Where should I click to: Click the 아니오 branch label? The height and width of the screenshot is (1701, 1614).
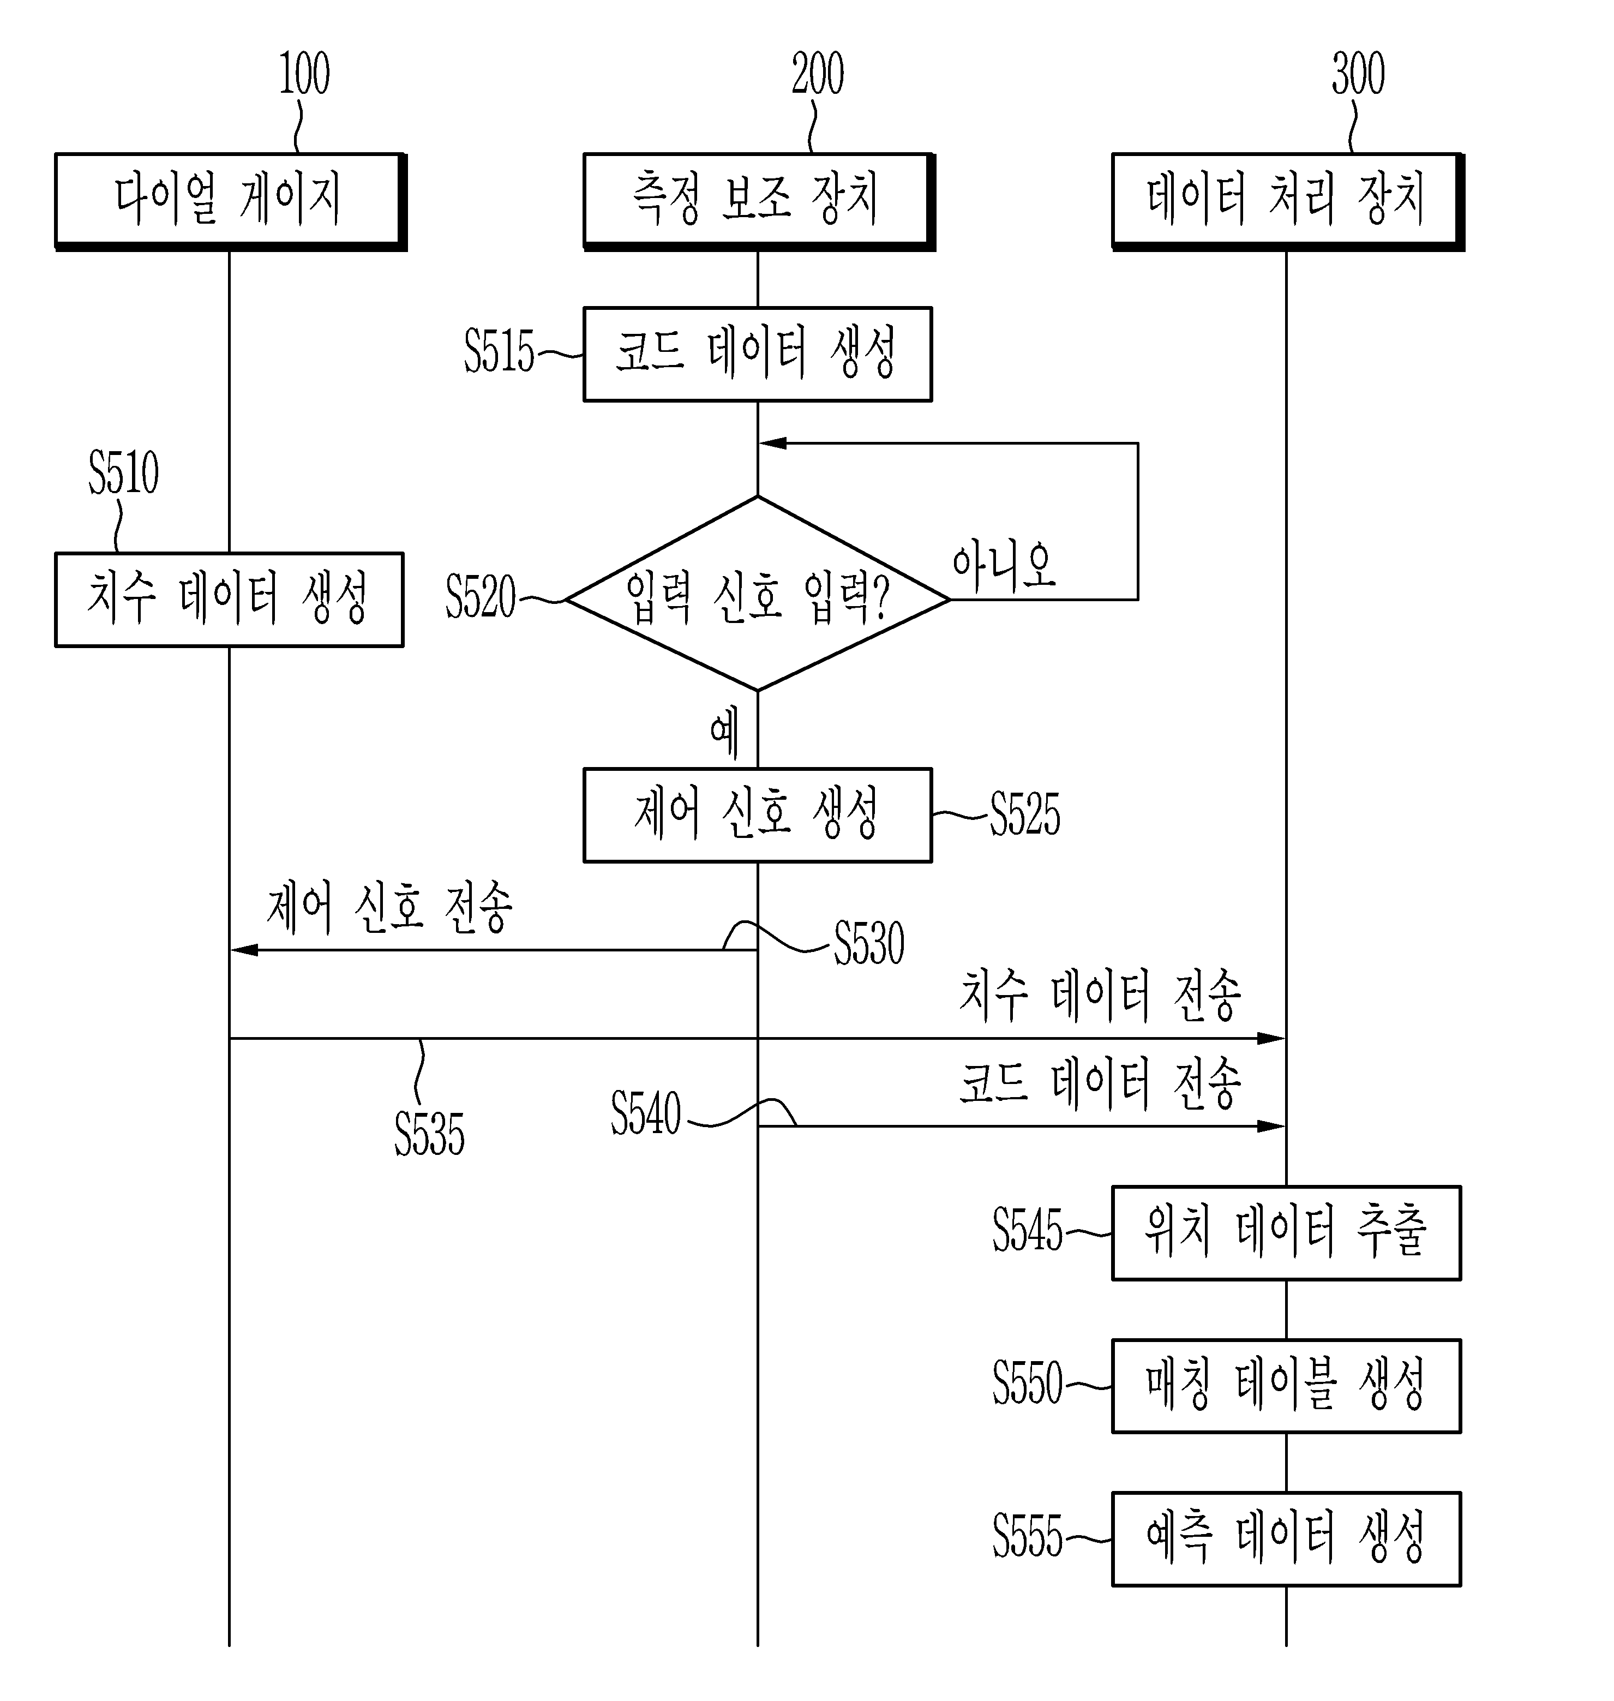coord(1003,566)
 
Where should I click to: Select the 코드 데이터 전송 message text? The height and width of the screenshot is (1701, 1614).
coord(1100,1083)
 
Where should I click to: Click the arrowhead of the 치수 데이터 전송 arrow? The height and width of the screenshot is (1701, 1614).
coord(1271,1039)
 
